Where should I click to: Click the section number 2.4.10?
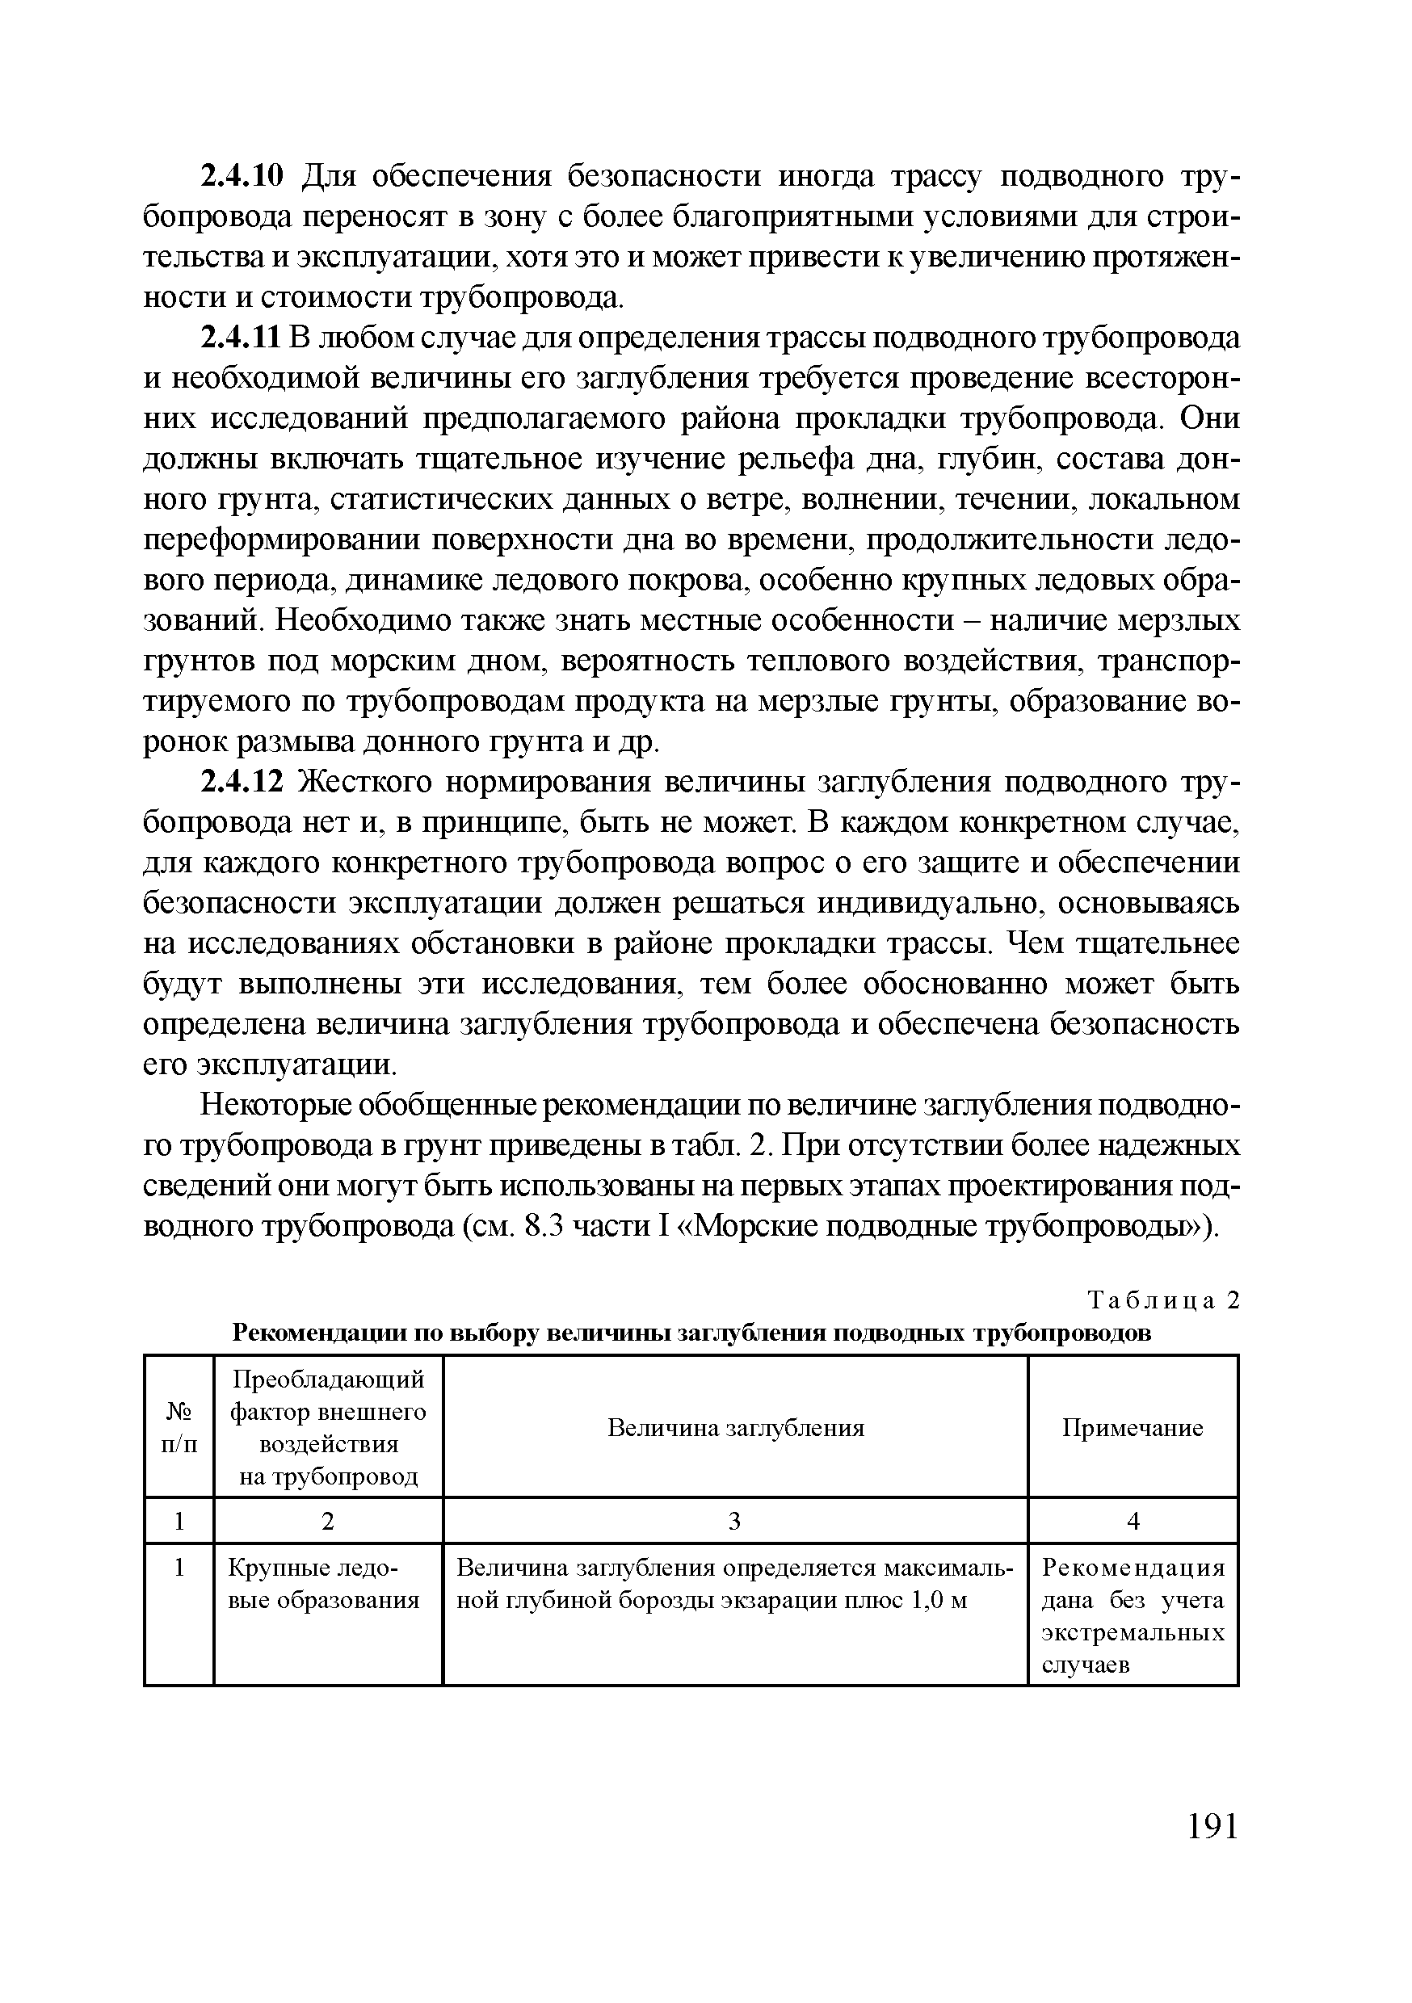[x=242, y=177]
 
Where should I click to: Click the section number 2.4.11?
[x=242, y=338]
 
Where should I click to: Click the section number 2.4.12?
[x=242, y=783]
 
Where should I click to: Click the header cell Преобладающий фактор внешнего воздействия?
[x=328, y=1428]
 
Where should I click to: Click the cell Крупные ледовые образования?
[x=324, y=1585]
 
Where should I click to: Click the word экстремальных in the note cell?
[x=1133, y=1633]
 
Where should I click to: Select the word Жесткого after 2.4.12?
[x=364, y=783]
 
